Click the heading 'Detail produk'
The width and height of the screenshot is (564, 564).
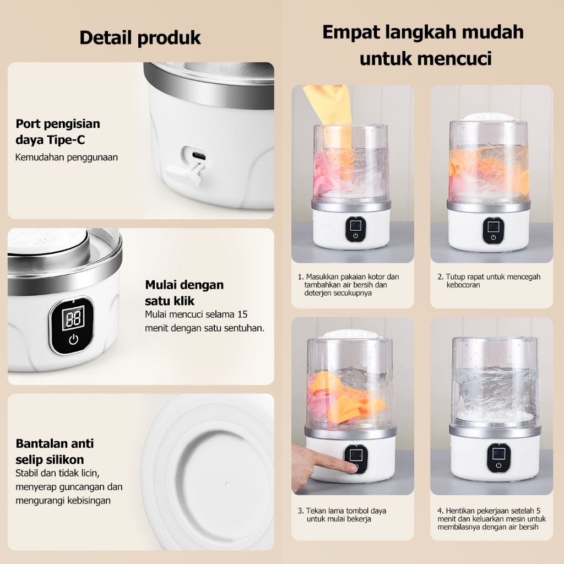(140, 38)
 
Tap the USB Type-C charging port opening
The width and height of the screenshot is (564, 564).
(199, 156)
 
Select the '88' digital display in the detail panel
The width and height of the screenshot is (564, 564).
(74, 318)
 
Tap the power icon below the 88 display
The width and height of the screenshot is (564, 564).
(73, 339)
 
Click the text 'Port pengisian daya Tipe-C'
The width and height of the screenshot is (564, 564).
(58, 132)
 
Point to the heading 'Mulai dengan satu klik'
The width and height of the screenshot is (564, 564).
(184, 292)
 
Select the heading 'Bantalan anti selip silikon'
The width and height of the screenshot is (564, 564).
(55, 452)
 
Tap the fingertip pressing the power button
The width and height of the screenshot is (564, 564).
(351, 467)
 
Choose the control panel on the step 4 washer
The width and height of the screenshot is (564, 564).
(498, 458)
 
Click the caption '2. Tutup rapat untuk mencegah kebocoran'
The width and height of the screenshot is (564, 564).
(489, 280)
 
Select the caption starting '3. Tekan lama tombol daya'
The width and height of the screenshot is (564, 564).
(342, 515)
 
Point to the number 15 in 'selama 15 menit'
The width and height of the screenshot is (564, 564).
(242, 314)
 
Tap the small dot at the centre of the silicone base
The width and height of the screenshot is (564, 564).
(227, 485)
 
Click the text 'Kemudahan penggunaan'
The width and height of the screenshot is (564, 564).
(67, 157)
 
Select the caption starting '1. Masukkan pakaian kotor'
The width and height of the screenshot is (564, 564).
(348, 285)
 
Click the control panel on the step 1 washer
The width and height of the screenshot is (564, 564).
(355, 229)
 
